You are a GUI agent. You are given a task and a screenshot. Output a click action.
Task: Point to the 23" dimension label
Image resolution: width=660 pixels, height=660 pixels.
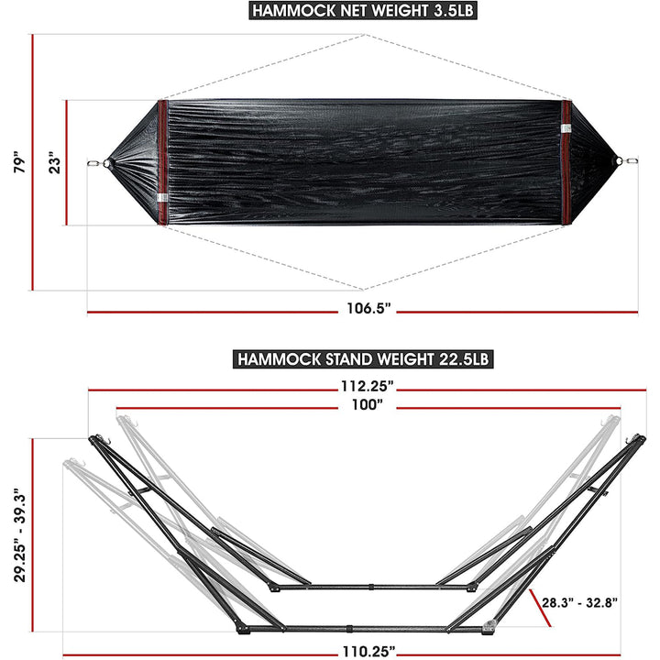53,163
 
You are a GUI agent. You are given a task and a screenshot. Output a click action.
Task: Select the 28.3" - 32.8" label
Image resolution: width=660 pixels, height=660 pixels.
579,602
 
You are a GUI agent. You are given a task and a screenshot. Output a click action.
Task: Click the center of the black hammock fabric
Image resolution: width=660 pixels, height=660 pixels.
364,163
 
